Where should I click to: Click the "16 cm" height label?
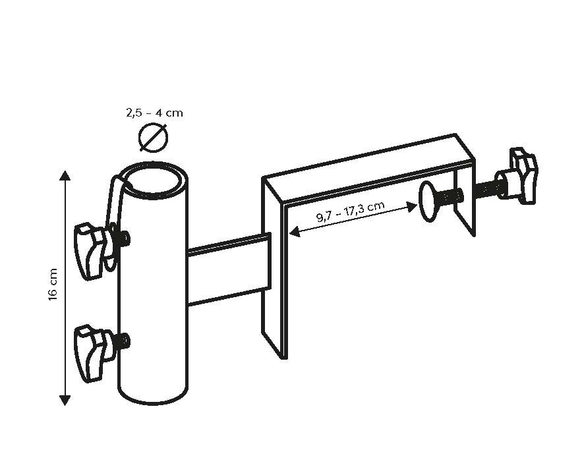coord(54,285)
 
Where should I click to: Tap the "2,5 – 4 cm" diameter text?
coord(154,113)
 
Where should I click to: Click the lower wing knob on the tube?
coord(91,349)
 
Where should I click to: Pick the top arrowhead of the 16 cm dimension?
coord(65,175)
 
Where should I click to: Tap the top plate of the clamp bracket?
coord(369,168)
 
